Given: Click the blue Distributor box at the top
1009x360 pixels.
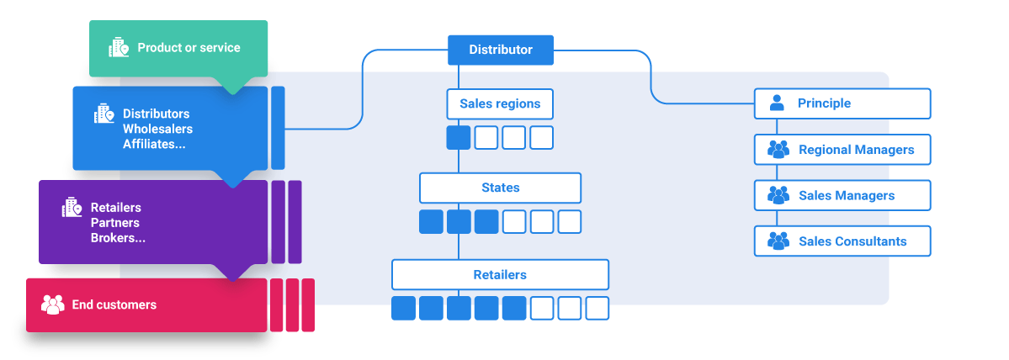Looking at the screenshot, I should pyautogui.click(x=500, y=50).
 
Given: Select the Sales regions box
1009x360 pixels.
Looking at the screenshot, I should pyautogui.click(x=500, y=104).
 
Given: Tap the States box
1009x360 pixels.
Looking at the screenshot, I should pyautogui.click(x=500, y=188).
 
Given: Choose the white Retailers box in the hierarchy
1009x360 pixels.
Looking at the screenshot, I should pyautogui.click(x=500, y=275).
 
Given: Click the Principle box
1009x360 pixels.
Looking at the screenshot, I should pyautogui.click(x=842, y=103).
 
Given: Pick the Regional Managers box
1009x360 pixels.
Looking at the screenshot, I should pyautogui.click(x=842, y=150).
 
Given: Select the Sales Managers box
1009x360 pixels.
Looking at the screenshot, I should pyautogui.click(x=842, y=195).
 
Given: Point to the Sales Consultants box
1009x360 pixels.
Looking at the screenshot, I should pyautogui.click(x=842, y=241).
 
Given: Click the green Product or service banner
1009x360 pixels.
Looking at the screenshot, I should pyautogui.click(x=178, y=48).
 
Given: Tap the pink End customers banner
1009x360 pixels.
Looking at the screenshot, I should pyautogui.click(x=146, y=304).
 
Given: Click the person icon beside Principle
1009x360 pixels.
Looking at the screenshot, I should pyautogui.click(x=777, y=103).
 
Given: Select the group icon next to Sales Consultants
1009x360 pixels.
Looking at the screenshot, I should pyautogui.click(x=778, y=241).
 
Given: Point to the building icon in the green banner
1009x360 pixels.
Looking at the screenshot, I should pyautogui.click(x=119, y=48).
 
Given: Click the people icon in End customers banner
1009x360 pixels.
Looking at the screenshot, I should pyautogui.click(x=53, y=304).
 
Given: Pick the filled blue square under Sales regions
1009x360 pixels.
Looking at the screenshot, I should pyautogui.click(x=459, y=137).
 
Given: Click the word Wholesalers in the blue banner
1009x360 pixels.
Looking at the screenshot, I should pyautogui.click(x=157, y=129).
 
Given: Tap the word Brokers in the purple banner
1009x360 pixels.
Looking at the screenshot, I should pyautogui.click(x=117, y=238).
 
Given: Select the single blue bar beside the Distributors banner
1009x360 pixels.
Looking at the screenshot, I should pyautogui.click(x=278, y=128).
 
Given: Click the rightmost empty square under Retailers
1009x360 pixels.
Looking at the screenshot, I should pyautogui.click(x=597, y=308).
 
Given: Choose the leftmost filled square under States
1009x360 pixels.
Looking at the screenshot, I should pyautogui.click(x=431, y=222).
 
